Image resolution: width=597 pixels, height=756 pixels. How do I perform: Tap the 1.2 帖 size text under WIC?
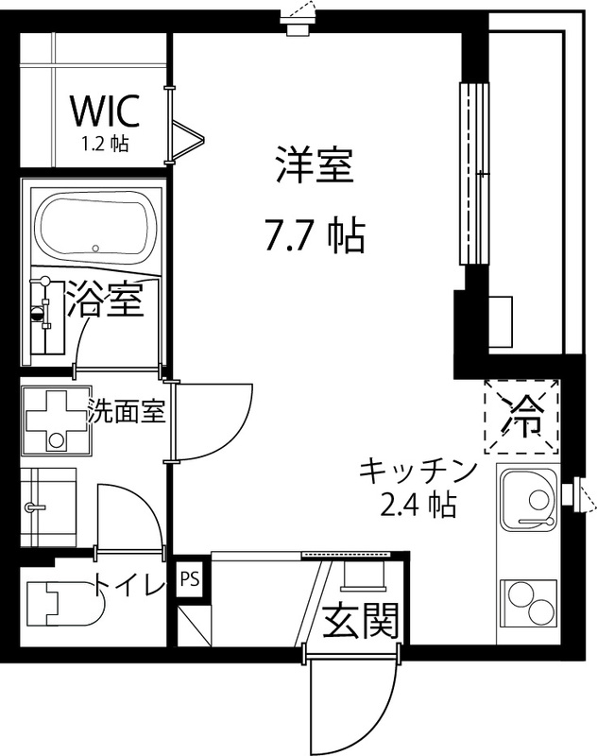pos(106,145)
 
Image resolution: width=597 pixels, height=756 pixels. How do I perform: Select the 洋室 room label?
pos(314,167)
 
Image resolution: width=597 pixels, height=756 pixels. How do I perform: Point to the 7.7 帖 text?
pos(314,236)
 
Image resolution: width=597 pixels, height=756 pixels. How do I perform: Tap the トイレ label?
pos(128,587)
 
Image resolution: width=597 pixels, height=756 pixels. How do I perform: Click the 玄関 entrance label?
pos(362,621)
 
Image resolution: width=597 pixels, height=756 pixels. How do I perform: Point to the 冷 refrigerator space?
pos(521,411)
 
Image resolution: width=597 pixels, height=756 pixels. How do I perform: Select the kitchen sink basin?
pos(530,500)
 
